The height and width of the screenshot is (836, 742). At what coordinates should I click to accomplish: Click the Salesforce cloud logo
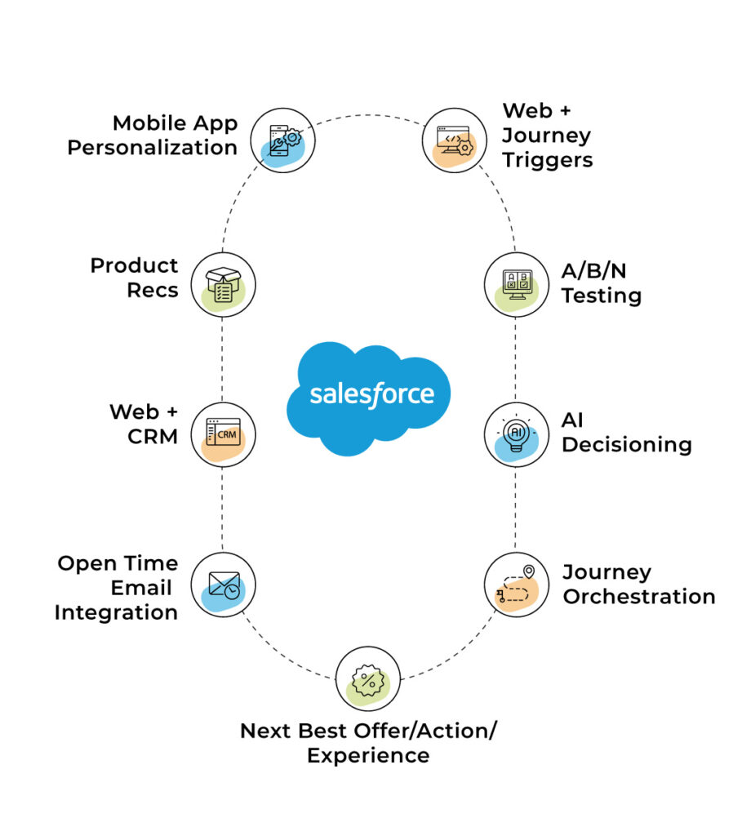[368, 398]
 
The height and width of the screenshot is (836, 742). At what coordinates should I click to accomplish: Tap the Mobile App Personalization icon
[283, 140]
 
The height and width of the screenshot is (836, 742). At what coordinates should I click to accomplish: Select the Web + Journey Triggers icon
[454, 140]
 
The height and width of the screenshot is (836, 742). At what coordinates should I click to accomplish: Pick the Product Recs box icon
[224, 285]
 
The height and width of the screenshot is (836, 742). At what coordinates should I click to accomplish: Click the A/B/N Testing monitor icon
[517, 285]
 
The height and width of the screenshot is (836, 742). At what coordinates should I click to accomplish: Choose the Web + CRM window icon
[224, 434]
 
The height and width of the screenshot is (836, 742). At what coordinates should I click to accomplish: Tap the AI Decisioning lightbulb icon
[517, 434]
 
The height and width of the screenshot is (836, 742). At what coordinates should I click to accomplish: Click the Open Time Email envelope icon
[224, 585]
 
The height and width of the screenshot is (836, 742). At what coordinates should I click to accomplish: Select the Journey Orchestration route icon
[517, 585]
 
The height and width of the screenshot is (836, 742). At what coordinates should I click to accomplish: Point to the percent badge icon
[368, 678]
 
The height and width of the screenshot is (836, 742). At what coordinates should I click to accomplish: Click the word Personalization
[153, 148]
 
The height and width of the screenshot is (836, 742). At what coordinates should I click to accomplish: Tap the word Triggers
[548, 160]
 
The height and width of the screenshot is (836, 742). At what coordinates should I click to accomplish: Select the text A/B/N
[593, 271]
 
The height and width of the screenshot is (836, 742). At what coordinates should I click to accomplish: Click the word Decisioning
[627, 445]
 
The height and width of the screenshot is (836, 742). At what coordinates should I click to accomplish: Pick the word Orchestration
[639, 597]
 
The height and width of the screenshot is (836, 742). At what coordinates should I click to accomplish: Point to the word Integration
[116, 612]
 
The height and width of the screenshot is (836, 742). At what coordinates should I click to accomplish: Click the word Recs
[153, 290]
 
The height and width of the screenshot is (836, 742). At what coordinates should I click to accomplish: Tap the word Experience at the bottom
[368, 756]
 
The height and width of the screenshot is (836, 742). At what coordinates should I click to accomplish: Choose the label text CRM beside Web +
[153, 437]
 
